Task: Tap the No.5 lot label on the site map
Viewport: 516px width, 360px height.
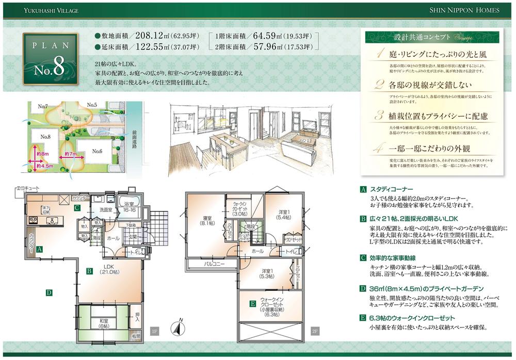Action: tap(92, 105)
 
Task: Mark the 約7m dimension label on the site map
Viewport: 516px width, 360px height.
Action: tap(71, 154)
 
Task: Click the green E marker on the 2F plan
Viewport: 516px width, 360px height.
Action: tap(252, 304)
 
